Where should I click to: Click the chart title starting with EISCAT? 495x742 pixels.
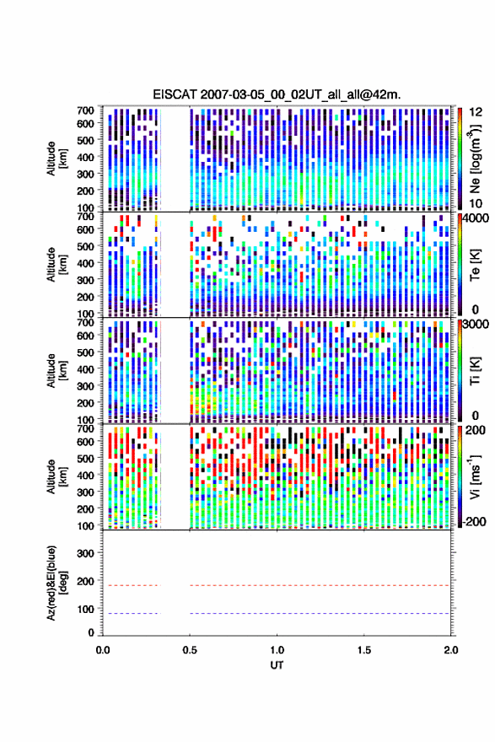(x=277, y=94)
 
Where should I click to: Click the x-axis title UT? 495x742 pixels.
(x=277, y=665)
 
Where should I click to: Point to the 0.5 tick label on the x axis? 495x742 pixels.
(x=190, y=650)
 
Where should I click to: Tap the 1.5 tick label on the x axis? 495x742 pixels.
(x=364, y=650)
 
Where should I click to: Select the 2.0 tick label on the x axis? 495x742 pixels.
(x=451, y=650)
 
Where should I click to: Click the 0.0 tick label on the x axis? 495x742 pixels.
(x=103, y=650)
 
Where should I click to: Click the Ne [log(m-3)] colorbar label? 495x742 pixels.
(x=475, y=158)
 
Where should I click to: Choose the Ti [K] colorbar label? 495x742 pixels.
(x=475, y=370)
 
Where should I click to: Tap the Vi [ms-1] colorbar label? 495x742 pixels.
(x=475, y=476)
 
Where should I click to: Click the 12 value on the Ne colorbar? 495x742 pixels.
(x=476, y=112)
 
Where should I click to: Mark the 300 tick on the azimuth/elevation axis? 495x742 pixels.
(x=85, y=553)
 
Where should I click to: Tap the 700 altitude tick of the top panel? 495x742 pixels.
(x=85, y=110)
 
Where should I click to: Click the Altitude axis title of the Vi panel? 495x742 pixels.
(x=56, y=476)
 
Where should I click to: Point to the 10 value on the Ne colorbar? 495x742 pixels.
(x=476, y=203)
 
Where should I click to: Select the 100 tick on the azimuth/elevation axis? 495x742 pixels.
(x=85, y=609)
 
